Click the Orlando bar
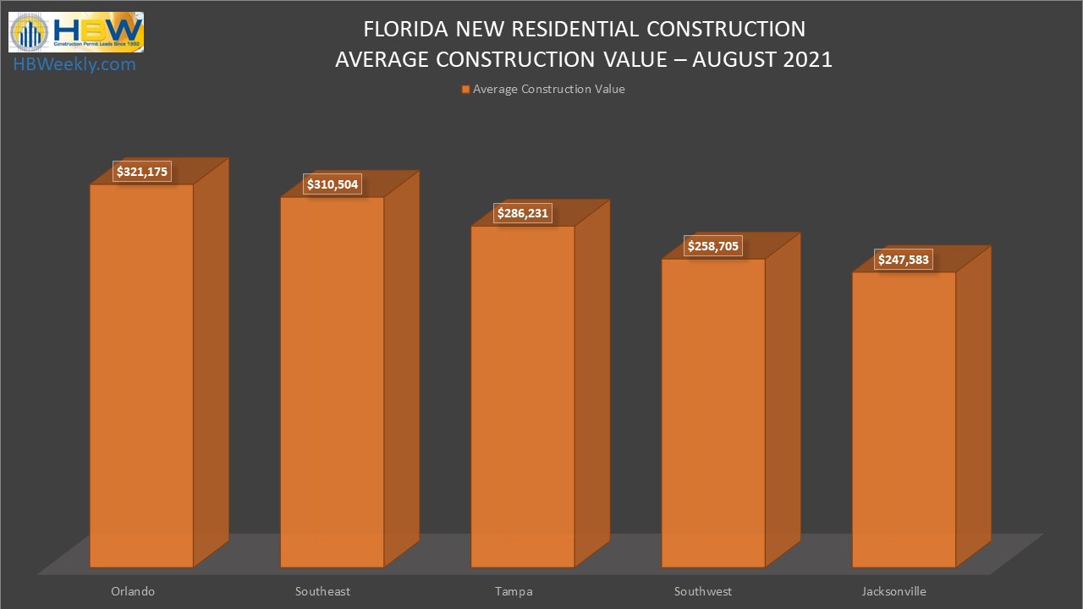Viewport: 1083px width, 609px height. coord(141,376)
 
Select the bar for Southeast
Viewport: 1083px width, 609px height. coord(332,381)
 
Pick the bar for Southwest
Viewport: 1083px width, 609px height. coord(713,413)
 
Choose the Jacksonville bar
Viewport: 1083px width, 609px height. coord(904,419)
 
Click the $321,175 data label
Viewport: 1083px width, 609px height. coord(143,172)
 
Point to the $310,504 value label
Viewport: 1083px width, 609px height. coord(333,185)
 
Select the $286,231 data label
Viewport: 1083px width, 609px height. coord(523,214)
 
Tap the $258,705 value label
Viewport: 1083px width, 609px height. coord(713,247)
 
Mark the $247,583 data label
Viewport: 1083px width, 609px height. coord(904,260)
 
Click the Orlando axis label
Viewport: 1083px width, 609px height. coord(133,591)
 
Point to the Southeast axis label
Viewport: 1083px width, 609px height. coord(322,591)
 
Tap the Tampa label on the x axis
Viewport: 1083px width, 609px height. coord(514,591)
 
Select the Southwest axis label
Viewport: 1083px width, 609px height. coord(703,591)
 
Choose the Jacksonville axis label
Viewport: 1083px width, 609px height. coord(894,591)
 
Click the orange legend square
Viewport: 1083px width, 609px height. coord(465,90)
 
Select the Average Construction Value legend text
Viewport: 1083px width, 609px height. coord(548,90)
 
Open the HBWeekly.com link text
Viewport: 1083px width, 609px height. coord(74,64)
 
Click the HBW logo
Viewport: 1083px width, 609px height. coord(76,32)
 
